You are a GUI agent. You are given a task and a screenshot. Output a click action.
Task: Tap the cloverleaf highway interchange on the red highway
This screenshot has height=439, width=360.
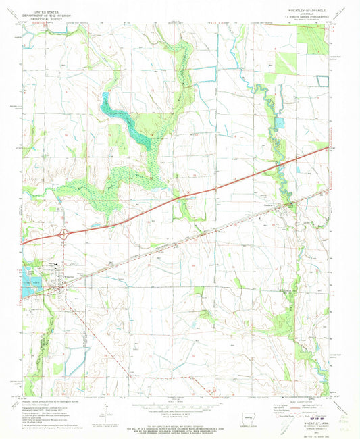[65, 233]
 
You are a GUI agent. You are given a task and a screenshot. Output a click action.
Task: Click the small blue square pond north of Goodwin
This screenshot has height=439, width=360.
[279, 123]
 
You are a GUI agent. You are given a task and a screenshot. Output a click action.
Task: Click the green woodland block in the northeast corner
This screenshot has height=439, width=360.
[311, 41]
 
